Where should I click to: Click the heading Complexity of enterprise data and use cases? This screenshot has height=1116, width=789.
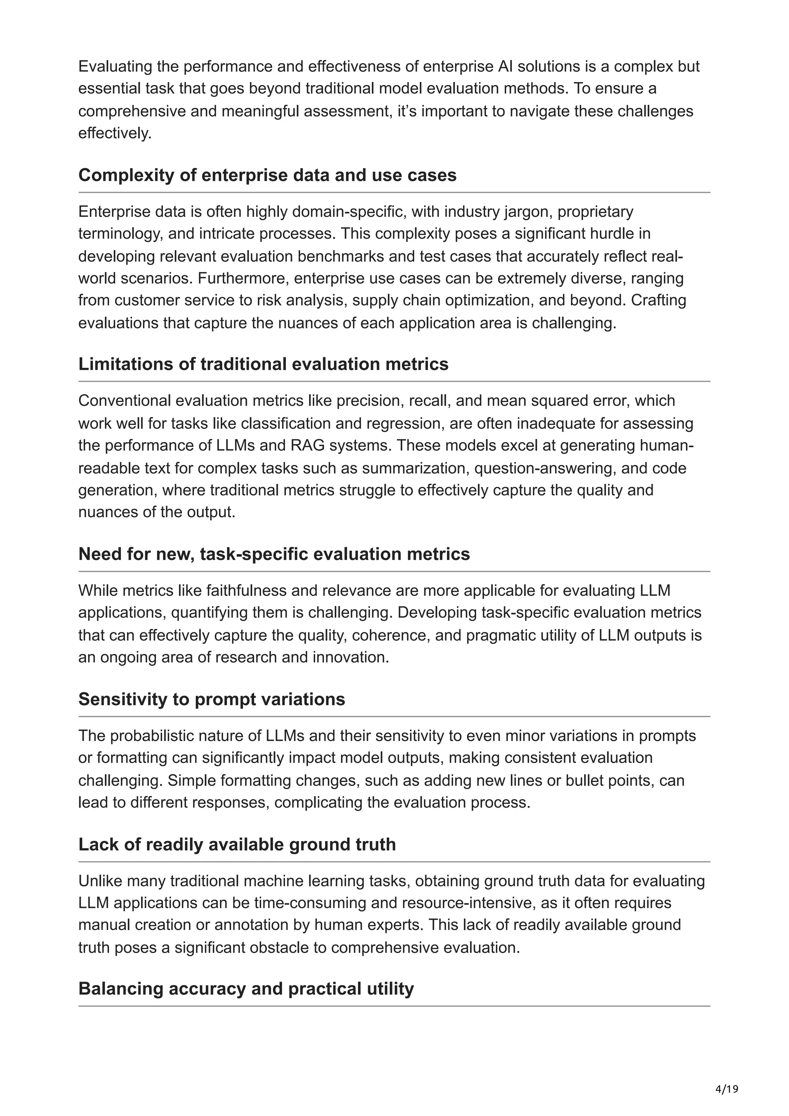[267, 175]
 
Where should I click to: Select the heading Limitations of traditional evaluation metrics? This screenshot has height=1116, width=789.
[263, 364]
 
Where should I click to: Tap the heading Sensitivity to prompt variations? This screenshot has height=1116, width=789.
[212, 699]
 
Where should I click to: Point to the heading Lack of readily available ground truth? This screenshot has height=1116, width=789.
[237, 844]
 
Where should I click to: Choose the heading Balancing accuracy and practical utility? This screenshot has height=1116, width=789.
[246, 989]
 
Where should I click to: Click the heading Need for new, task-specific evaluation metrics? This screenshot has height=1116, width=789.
[274, 554]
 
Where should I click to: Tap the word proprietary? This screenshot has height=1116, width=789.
[595, 212]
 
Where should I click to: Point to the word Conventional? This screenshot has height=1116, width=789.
[124, 401]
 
